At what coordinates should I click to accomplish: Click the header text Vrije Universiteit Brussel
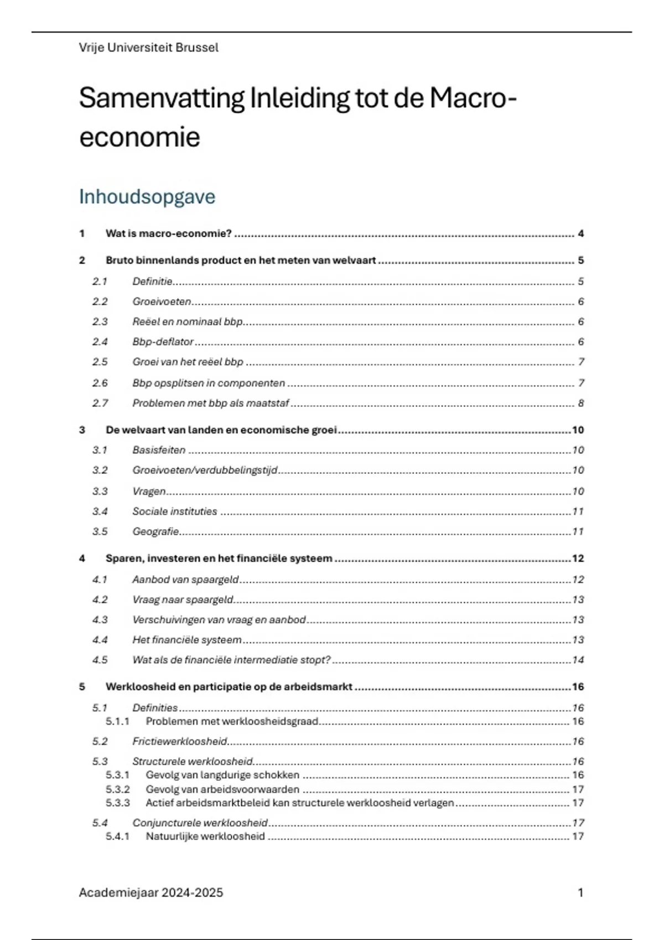coord(148,48)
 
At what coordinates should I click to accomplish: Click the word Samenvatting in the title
coord(161,98)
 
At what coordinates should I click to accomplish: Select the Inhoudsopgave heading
coord(147,196)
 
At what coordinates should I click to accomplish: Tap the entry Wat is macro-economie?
coord(168,233)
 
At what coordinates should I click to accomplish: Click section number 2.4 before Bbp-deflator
coord(100,342)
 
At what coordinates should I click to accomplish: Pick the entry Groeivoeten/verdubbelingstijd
coord(205,470)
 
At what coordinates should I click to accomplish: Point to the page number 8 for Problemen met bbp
coord(580,403)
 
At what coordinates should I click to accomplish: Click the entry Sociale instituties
coord(174,511)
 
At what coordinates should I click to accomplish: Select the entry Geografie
coord(155,531)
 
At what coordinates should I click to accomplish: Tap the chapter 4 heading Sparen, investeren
coord(219,558)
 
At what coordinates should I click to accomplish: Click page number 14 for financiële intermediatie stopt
coord(578,660)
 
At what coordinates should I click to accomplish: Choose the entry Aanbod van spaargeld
coord(185,579)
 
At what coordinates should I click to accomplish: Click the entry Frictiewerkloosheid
coord(180,741)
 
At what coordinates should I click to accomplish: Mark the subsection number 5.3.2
coord(117,789)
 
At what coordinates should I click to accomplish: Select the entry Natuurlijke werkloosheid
coord(205,837)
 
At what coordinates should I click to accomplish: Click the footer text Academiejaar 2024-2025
coord(151,892)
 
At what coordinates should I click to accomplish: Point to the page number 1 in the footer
coord(580,892)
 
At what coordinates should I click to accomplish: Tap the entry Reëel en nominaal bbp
coord(187,322)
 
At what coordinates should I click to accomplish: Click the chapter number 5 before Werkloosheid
coord(82,687)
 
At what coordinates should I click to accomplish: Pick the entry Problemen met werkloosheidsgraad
coord(232,721)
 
